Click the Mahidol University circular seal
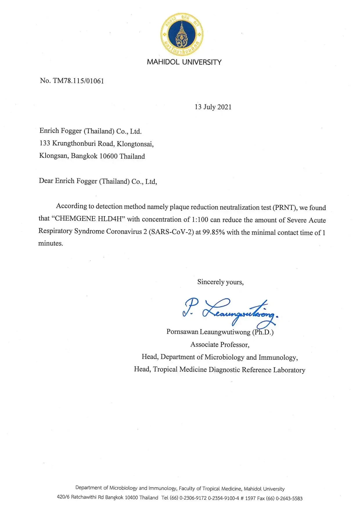point(182,34)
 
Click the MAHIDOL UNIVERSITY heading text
point(184,62)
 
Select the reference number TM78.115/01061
point(78,81)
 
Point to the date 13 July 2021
point(213,107)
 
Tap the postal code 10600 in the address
point(109,156)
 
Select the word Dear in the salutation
point(46,181)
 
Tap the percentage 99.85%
point(214,232)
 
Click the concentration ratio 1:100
point(200,220)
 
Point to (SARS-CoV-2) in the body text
point(171,232)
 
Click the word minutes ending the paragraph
point(51,243)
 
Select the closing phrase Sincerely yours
point(220,282)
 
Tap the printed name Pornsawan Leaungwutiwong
point(208,332)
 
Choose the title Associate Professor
point(220,345)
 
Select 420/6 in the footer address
point(63,497)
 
